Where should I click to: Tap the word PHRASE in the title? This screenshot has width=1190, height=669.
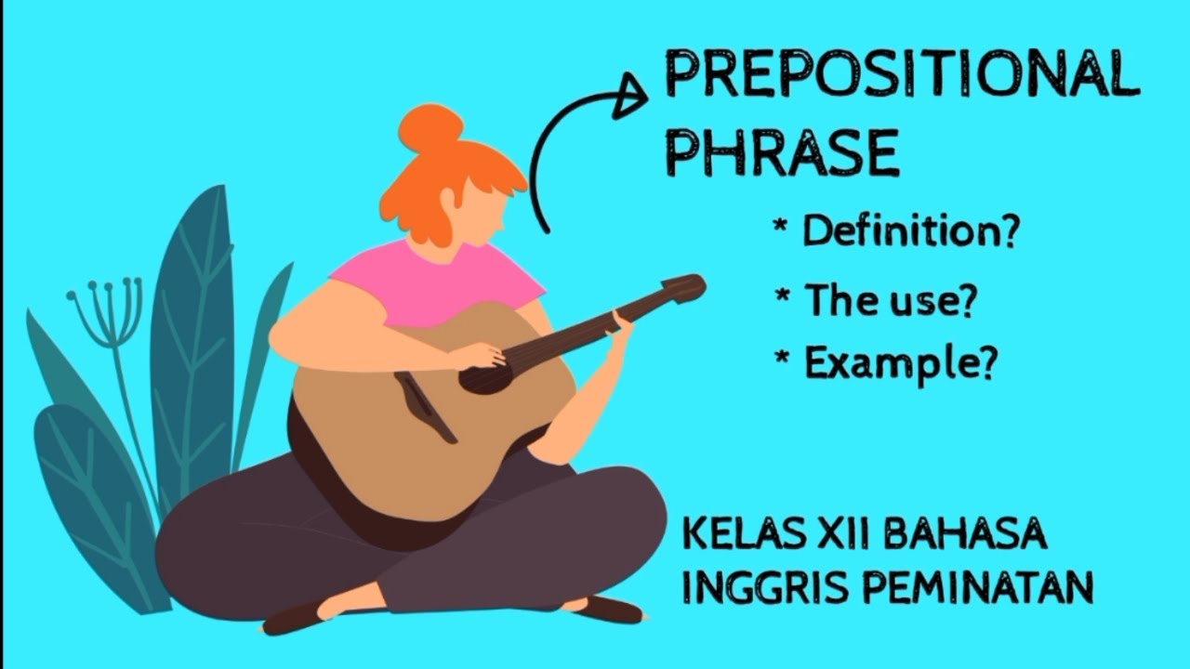click(783, 153)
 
